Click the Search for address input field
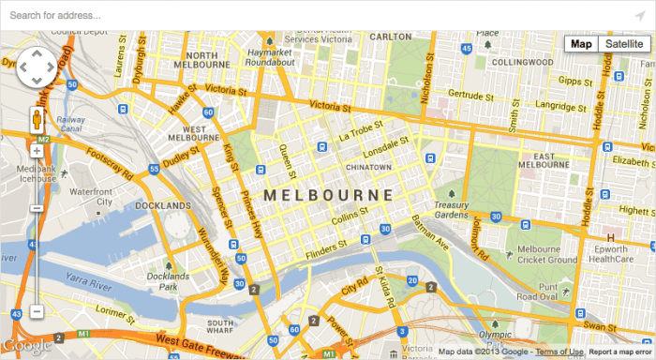click(x=309, y=15)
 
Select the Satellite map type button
click(x=624, y=44)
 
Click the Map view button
click(x=582, y=44)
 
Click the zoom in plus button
click(x=37, y=150)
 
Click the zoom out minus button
click(x=37, y=311)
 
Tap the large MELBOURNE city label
click(x=328, y=195)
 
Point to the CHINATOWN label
click(x=367, y=167)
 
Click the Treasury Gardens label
click(x=451, y=210)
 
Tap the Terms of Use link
click(x=560, y=352)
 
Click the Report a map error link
click(x=620, y=352)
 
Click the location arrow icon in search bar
click(x=640, y=15)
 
